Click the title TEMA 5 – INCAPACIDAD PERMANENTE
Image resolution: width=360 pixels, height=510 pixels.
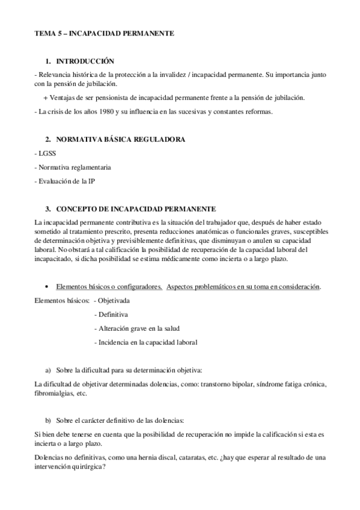coord(104,34)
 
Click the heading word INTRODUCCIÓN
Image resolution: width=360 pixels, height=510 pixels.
coord(84,62)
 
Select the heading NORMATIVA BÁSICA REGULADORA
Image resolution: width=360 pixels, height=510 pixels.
coord(120,140)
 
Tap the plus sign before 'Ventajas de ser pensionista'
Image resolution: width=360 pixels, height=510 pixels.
coord(46,97)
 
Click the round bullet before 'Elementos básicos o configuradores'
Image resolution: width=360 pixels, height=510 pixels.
coord(46,286)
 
